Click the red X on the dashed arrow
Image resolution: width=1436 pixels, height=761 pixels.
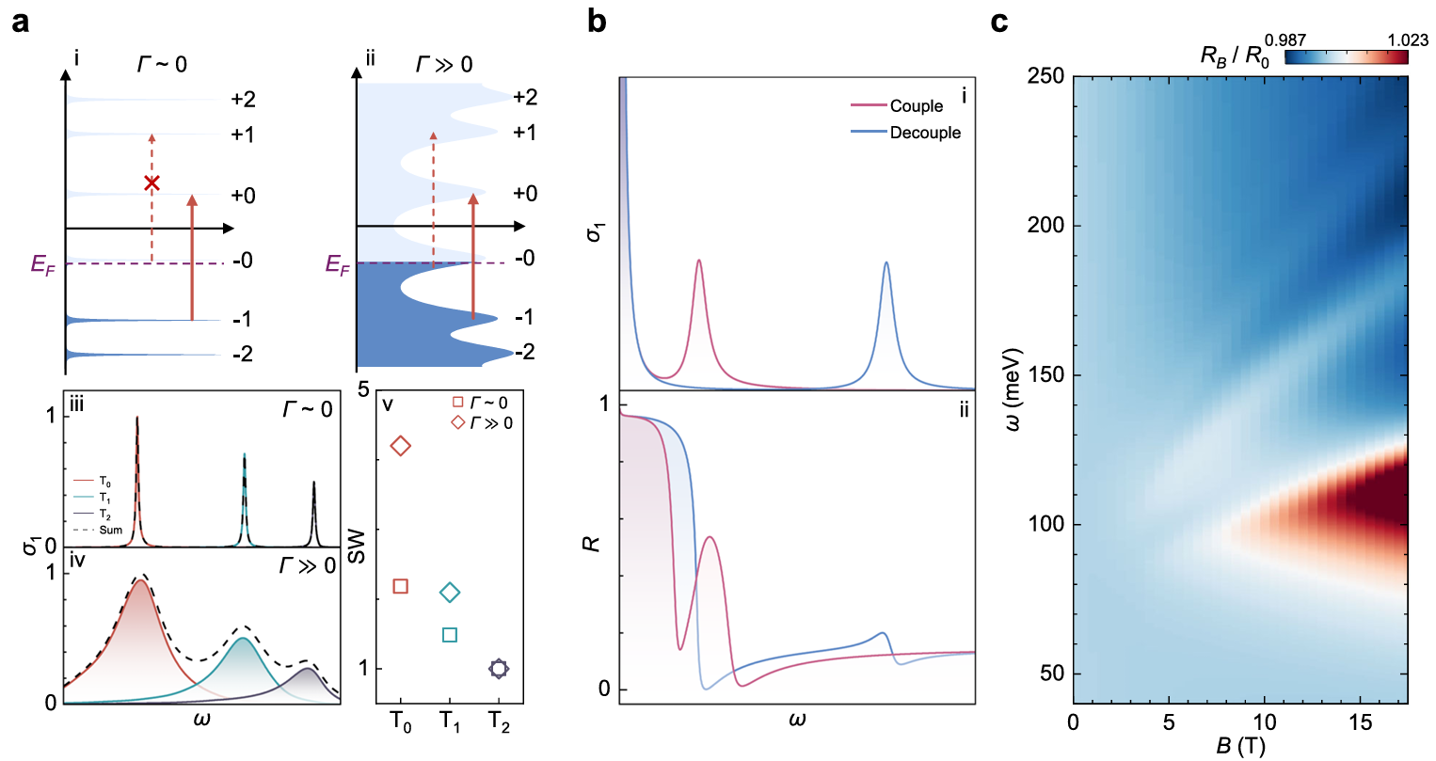pos(152,183)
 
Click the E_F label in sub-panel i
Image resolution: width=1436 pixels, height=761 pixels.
pos(43,265)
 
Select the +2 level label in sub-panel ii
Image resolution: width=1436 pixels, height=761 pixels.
pos(525,97)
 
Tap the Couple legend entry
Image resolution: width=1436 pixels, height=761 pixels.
pos(916,106)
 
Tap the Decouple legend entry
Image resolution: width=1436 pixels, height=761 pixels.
pos(925,133)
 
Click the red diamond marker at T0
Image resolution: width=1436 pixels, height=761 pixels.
pos(401,446)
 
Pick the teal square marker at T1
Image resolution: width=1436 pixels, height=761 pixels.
pos(450,635)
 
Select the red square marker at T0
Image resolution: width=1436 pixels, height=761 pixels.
pos(400,587)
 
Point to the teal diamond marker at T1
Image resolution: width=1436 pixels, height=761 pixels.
pos(450,593)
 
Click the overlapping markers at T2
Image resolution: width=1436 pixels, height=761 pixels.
pos(499,669)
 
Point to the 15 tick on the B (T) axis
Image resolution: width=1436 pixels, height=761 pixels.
pos(1361,722)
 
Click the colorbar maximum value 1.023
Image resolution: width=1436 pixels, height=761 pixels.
pos(1408,40)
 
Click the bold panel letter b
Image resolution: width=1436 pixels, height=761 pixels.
pos(596,21)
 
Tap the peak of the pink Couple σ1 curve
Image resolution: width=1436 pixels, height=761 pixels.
pos(698,261)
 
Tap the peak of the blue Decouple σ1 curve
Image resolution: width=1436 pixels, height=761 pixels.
pos(886,262)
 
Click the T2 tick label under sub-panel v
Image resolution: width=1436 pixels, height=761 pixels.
pos(499,723)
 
